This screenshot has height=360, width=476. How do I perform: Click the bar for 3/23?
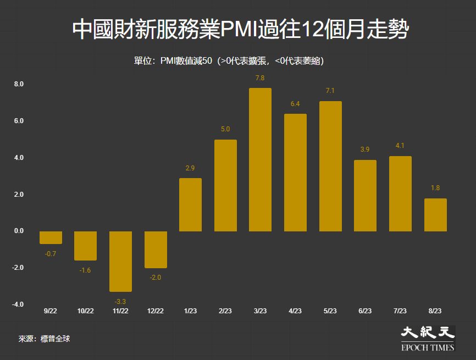click(260, 159)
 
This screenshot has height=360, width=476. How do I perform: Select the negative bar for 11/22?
click(120, 262)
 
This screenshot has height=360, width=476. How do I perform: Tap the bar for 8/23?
click(435, 215)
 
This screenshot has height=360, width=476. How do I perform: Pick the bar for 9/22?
click(51, 237)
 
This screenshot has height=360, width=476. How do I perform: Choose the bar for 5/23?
click(330, 167)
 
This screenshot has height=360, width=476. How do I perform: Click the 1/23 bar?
click(190, 204)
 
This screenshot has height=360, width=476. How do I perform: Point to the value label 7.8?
click(260, 78)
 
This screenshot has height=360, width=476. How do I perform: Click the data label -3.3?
click(120, 301)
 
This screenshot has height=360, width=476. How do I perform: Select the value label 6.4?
click(295, 104)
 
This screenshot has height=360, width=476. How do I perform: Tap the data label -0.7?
click(51, 254)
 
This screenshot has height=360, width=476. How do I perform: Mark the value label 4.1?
click(400, 146)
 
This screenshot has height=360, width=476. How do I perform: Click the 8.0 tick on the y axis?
click(19, 84)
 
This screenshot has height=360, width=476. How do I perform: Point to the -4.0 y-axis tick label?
click(18, 304)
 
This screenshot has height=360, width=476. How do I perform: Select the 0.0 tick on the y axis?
click(19, 231)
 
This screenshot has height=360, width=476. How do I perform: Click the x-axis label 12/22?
click(156, 311)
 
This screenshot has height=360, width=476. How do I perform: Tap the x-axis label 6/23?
click(365, 311)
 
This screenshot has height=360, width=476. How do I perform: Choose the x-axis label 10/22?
click(86, 311)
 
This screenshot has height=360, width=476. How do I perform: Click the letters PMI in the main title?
click(239, 30)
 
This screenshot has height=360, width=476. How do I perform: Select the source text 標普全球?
click(56, 339)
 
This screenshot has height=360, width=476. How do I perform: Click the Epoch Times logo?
click(428, 339)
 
